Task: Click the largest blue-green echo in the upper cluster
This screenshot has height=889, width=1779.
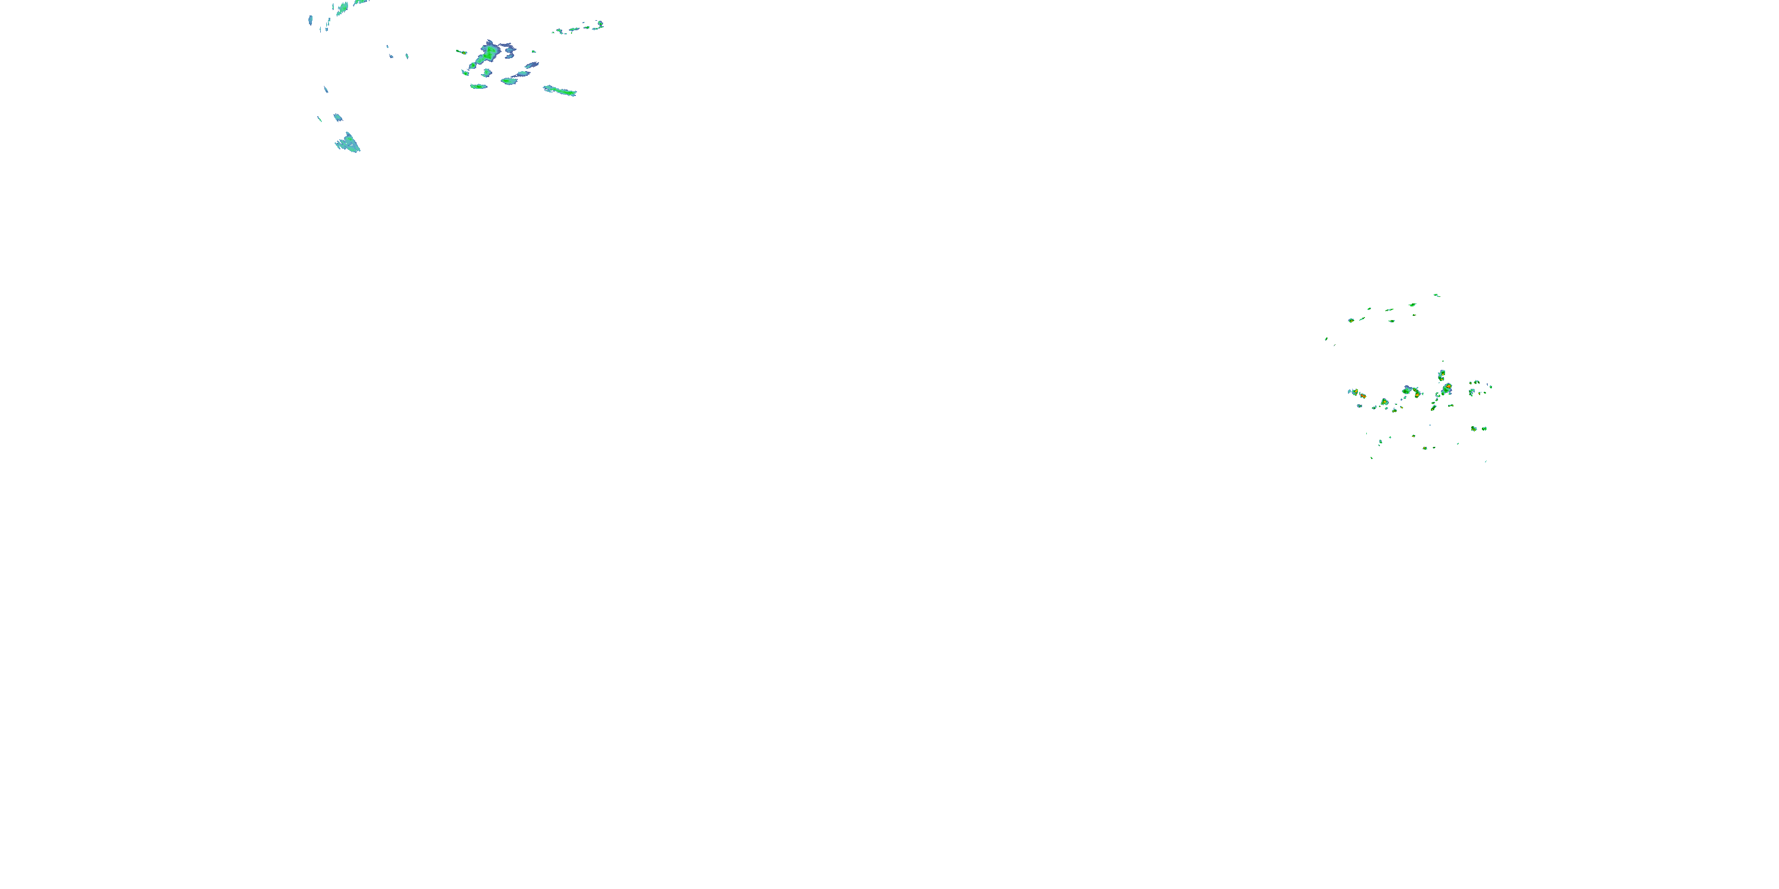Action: (x=490, y=52)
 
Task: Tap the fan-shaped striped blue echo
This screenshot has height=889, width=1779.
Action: (x=348, y=143)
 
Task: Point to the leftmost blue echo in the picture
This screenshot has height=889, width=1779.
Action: (x=311, y=20)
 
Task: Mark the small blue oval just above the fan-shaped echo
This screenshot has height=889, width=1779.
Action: (x=337, y=117)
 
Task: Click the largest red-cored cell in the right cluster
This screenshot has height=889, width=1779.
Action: (x=1447, y=388)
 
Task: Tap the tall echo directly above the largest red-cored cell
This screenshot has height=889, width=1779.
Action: (x=1442, y=375)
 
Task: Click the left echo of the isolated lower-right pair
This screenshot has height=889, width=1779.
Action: (x=1474, y=428)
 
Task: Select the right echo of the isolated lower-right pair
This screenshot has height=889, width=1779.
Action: (x=1484, y=428)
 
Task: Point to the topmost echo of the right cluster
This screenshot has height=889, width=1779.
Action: (x=1436, y=295)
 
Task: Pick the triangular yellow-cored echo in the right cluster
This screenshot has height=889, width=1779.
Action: (x=1384, y=402)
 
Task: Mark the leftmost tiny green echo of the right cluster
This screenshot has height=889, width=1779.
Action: (x=1326, y=338)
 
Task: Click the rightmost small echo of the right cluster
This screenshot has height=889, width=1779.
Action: (x=1490, y=386)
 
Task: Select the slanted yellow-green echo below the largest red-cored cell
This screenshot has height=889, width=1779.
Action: (x=1434, y=407)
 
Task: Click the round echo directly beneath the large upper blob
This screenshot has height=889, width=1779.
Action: (x=487, y=72)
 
